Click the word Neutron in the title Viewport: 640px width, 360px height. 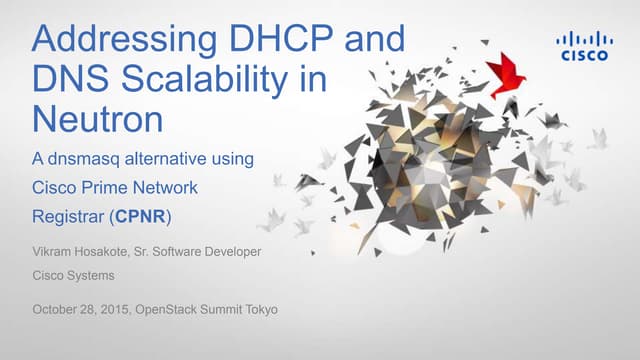click(x=98, y=119)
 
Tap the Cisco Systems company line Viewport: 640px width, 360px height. click(x=73, y=275)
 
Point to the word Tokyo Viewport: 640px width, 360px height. click(x=260, y=309)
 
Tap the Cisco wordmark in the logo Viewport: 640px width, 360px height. click(x=583, y=55)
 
